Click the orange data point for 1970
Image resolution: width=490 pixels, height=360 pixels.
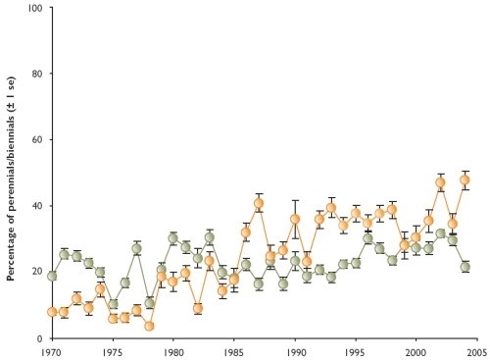[x=52, y=312]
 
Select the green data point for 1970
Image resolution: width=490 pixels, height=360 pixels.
[x=52, y=276]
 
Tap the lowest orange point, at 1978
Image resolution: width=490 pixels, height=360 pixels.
[x=149, y=326]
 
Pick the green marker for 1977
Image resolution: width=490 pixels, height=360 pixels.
[x=137, y=248]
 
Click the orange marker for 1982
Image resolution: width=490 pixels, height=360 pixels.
[x=198, y=308]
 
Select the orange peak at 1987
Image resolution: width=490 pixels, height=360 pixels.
[x=259, y=204]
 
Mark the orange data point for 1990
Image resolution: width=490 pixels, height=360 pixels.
[x=295, y=220]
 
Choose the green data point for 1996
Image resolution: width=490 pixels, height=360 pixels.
[x=367, y=238]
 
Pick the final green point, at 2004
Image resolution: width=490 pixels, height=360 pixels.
[x=465, y=267]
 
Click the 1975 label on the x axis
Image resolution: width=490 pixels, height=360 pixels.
[x=113, y=349]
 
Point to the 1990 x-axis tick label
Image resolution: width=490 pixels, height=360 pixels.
[x=295, y=349]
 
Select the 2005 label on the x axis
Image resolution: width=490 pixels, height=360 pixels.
[x=477, y=349]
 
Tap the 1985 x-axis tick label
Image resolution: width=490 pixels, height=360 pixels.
[x=234, y=349]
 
